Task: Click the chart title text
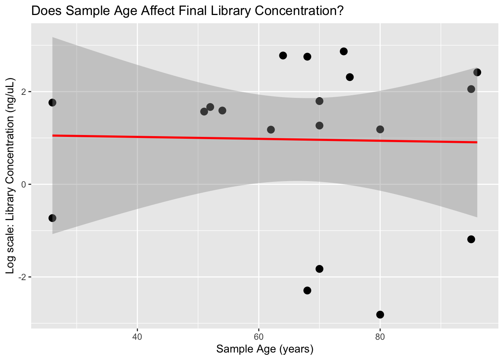187,11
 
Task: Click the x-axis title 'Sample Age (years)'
265,349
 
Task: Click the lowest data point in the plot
380,314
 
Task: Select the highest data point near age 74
343,51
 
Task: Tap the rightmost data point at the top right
477,72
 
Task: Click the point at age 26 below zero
52,218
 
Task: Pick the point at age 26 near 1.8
52,103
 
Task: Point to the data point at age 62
271,130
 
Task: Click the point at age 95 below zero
471,239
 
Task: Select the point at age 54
222,111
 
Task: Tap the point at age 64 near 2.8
283,55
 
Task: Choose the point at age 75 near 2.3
350,77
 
